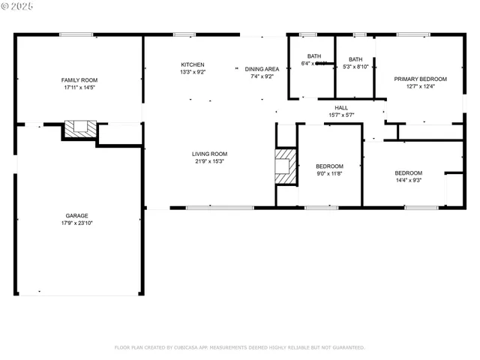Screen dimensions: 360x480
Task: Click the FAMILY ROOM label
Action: [x=79, y=80]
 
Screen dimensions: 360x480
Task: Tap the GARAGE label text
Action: [x=76, y=215]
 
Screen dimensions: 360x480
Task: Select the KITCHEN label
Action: [x=192, y=64]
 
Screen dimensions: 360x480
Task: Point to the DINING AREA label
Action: [x=262, y=68]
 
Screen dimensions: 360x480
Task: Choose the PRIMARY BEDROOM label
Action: [x=420, y=79]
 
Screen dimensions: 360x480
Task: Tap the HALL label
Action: [x=341, y=107]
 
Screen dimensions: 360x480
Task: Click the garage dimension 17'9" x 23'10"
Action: [x=76, y=223]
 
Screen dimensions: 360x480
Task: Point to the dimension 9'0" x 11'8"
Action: [x=329, y=173]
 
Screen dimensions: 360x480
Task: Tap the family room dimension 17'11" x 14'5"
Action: [x=79, y=88]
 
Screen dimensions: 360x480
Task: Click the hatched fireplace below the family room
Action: [x=80, y=128]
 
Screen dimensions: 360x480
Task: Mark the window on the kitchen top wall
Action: [x=185, y=34]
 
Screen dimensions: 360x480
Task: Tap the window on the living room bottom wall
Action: [x=209, y=208]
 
